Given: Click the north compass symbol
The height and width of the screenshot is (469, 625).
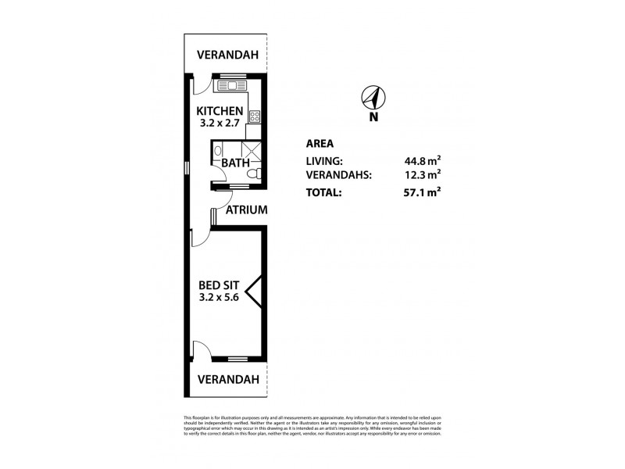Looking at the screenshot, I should [373, 98].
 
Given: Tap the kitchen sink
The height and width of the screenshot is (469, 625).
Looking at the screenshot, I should [233, 85].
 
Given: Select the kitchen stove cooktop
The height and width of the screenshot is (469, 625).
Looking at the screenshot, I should [255, 116].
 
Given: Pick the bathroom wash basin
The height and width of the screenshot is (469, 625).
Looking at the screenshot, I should [219, 152].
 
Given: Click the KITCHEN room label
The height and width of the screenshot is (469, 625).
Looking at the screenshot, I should [220, 110].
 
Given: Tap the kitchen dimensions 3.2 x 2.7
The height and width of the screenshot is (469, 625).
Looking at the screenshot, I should [220, 124].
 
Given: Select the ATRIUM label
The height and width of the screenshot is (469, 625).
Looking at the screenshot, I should [247, 210].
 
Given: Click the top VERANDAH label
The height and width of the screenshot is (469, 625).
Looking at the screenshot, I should [227, 55].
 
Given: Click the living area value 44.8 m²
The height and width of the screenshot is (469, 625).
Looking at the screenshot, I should [420, 161].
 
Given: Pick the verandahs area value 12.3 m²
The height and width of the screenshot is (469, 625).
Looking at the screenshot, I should [420, 175].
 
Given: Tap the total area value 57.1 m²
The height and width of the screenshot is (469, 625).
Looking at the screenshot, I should [420, 192].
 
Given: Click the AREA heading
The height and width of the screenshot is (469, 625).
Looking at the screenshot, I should [320, 144].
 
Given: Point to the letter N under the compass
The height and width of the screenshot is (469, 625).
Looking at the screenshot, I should [373, 118].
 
